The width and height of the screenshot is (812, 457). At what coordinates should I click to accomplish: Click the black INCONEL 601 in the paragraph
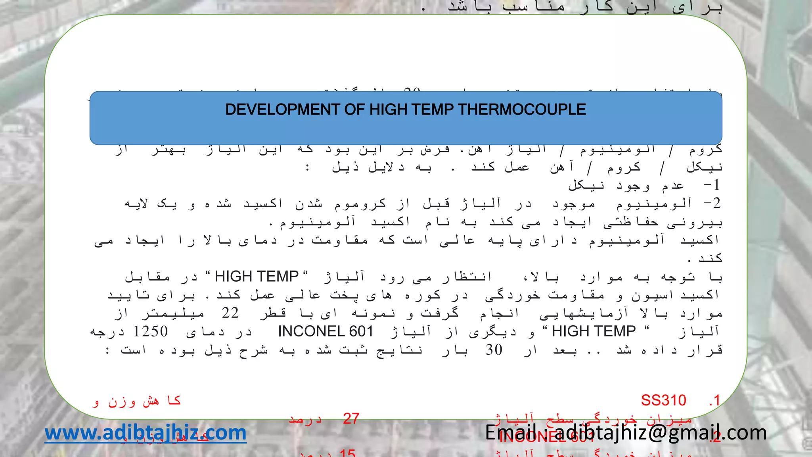326,331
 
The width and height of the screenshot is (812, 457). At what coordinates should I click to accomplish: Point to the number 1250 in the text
151,331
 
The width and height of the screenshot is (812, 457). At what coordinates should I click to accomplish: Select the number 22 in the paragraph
230,313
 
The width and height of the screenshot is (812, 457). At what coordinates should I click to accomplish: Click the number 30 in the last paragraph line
494,350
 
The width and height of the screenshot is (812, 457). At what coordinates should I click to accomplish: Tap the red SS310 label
663,400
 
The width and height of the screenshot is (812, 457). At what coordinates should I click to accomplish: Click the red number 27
351,419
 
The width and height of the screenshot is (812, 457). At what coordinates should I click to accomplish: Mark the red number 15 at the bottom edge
347,453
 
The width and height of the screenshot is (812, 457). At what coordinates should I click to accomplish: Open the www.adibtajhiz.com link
146,432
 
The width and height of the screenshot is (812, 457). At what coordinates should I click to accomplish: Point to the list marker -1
712,185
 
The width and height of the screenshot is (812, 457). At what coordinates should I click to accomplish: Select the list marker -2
712,204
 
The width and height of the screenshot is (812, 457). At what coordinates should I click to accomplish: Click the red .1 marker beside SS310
714,400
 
